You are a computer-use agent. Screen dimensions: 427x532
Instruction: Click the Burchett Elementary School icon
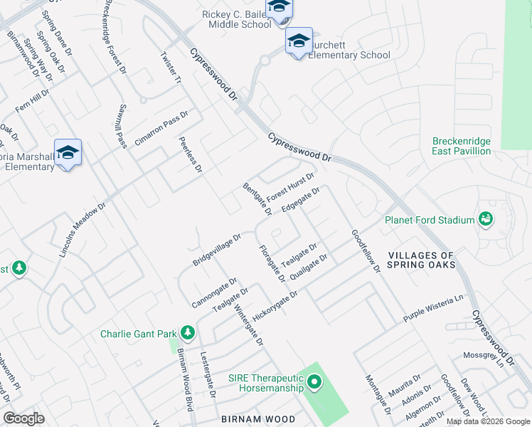click(299, 41)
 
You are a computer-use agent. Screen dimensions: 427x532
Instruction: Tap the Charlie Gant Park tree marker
click(188, 332)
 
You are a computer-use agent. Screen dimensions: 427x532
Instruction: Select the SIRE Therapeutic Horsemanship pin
click(314, 384)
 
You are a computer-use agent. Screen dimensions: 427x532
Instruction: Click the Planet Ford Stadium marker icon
click(486, 219)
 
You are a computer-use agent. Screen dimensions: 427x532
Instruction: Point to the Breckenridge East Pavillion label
click(461, 146)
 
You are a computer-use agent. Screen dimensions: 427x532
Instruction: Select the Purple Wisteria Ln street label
click(433, 307)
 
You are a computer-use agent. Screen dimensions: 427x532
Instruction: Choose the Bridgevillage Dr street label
click(217, 249)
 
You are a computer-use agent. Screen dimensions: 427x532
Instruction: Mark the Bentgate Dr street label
click(257, 199)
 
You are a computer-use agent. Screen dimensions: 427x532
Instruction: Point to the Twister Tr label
click(171, 68)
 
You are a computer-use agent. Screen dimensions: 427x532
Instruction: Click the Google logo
click(23, 418)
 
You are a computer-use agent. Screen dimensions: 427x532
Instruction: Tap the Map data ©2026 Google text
click(487, 421)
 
